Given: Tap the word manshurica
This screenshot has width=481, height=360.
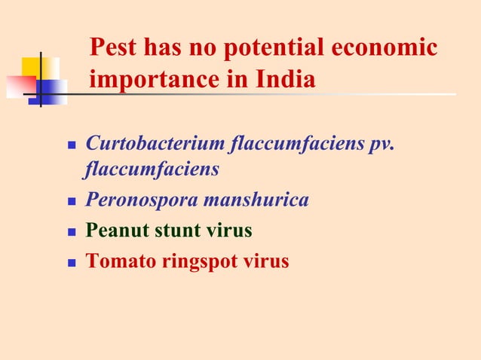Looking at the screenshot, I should (260, 200).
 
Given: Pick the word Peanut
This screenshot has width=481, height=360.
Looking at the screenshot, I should (116, 230).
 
